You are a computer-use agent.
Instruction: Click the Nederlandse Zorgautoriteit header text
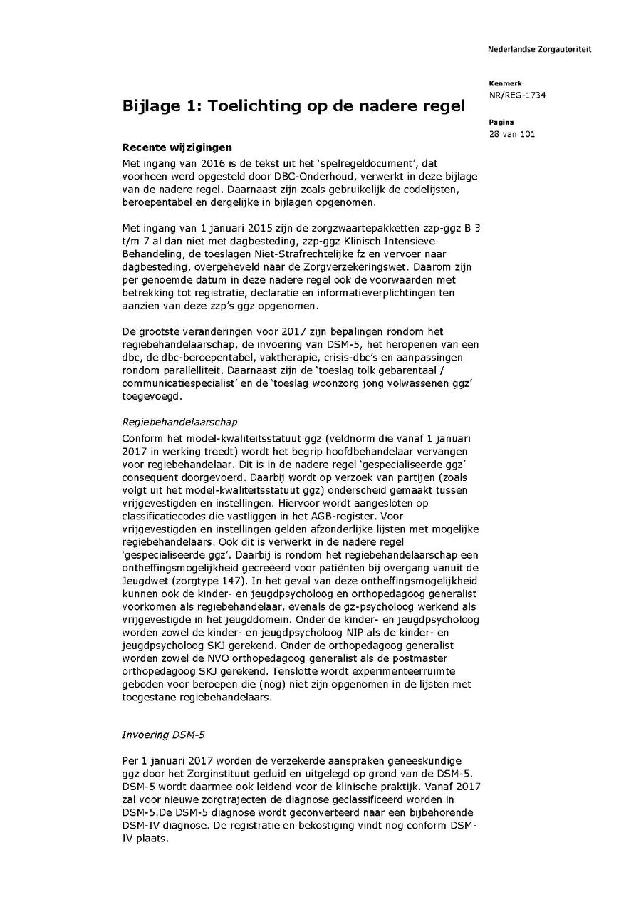coord(539,49)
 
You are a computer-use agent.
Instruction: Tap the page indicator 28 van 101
coord(512,134)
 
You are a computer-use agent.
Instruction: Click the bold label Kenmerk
coord(505,83)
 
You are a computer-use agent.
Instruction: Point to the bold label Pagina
coord(501,123)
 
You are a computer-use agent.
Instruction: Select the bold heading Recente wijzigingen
coord(177,148)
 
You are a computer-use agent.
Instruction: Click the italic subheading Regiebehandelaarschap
coord(184,423)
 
